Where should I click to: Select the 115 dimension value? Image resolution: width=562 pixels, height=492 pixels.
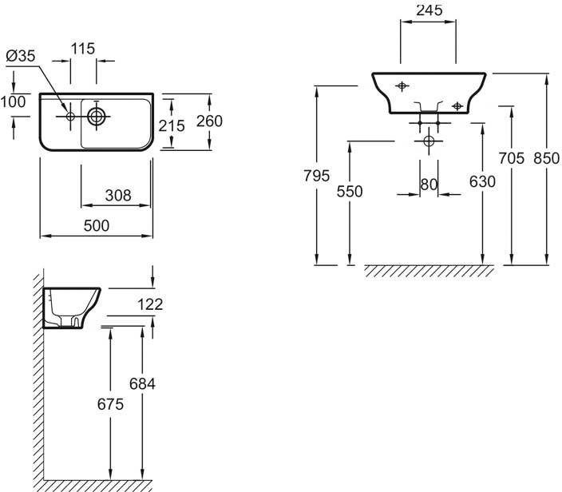82,49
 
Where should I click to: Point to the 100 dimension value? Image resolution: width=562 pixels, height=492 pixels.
13,102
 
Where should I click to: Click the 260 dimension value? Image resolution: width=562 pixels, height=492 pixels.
208,121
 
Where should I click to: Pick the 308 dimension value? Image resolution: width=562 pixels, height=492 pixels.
117,196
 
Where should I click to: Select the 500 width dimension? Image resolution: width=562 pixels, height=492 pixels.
97,226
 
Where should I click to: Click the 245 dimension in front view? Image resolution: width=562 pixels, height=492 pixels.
428,10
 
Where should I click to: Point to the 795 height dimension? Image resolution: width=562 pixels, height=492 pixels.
316,177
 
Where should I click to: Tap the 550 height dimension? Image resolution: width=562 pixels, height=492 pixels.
350,191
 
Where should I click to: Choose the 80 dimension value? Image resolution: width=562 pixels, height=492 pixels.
429,184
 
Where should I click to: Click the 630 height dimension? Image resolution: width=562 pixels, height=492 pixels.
482,182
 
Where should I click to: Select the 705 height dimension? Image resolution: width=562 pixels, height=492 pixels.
511,158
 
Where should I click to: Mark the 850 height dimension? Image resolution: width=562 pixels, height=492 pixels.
547,158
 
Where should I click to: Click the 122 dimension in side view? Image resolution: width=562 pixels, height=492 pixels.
150,304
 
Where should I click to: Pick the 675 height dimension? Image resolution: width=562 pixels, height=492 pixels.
109,405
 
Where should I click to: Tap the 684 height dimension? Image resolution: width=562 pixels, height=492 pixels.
142,384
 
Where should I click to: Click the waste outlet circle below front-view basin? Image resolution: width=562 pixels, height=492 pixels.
429,141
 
